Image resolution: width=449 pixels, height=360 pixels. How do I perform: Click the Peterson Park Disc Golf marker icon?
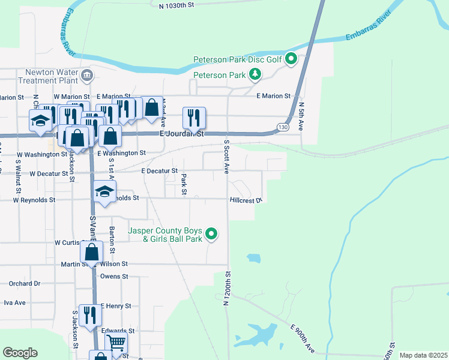291,59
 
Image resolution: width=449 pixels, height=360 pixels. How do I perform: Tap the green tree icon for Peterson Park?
256,74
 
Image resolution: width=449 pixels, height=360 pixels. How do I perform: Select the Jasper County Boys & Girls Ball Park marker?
211,234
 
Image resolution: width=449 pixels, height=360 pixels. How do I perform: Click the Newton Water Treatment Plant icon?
88,75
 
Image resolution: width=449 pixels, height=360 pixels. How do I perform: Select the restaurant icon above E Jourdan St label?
194,117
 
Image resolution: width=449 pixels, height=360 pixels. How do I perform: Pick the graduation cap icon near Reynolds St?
104,191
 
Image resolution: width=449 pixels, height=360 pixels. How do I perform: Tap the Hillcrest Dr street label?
246,200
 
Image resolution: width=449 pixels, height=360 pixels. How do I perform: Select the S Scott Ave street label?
227,158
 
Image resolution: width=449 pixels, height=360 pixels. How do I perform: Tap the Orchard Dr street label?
24,284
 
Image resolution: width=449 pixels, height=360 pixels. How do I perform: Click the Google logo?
20,353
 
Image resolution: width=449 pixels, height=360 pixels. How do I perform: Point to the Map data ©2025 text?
423,355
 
